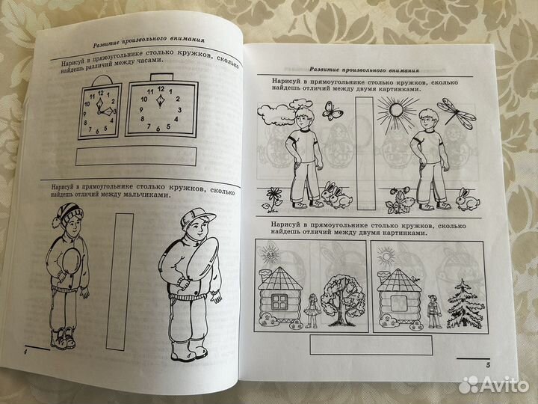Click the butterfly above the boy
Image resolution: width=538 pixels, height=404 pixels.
point(332,110)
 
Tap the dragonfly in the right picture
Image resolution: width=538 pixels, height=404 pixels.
point(457,113)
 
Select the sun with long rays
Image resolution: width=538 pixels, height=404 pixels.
point(397,111)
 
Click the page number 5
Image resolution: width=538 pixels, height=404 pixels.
point(488,365)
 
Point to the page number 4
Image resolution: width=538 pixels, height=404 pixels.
point(25,352)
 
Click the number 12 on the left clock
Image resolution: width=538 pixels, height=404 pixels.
point(101,93)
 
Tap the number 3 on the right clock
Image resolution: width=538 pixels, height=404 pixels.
point(179,110)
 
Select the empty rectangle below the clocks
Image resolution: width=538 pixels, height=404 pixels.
point(136,156)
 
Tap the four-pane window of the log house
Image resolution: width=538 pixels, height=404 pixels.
point(279,302)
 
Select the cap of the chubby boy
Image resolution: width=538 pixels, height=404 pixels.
point(197,218)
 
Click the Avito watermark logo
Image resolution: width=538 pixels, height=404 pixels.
point(493,385)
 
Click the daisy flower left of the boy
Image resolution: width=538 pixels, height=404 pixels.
point(273,199)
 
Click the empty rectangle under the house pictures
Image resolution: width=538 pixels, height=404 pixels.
point(371,345)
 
